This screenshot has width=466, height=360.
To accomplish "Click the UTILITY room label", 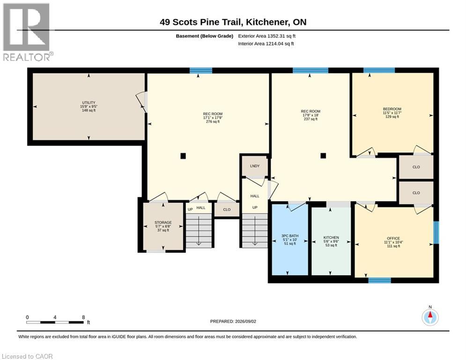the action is [x=89, y=103].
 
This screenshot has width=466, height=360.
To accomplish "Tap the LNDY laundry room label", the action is [x=255, y=166].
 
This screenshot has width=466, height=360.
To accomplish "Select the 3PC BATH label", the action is [x=290, y=236].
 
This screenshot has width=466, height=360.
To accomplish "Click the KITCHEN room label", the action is [x=331, y=237].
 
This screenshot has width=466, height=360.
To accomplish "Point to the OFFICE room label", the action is [x=393, y=238].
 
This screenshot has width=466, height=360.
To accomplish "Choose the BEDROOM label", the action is [x=392, y=109].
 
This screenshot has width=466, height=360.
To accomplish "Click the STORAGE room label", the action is [x=163, y=223].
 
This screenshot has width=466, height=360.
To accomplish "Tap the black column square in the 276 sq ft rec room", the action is [x=183, y=156].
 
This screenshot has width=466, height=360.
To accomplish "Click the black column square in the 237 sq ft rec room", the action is [x=323, y=156].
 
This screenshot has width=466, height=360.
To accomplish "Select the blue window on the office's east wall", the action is [x=436, y=232].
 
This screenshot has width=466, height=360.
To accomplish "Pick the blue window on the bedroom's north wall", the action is [x=379, y=70].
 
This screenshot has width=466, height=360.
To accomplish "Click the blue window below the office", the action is [x=379, y=280].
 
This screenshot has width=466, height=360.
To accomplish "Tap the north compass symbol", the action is [x=430, y=316].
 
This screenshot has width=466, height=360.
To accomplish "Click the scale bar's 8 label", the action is [x=83, y=317].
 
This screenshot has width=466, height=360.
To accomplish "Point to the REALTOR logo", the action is [x=27, y=32].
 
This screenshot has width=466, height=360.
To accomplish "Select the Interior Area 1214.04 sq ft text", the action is [x=266, y=44].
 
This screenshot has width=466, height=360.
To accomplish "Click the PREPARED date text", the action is [x=233, y=321].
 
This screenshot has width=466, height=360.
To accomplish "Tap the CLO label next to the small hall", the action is [x=227, y=210].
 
